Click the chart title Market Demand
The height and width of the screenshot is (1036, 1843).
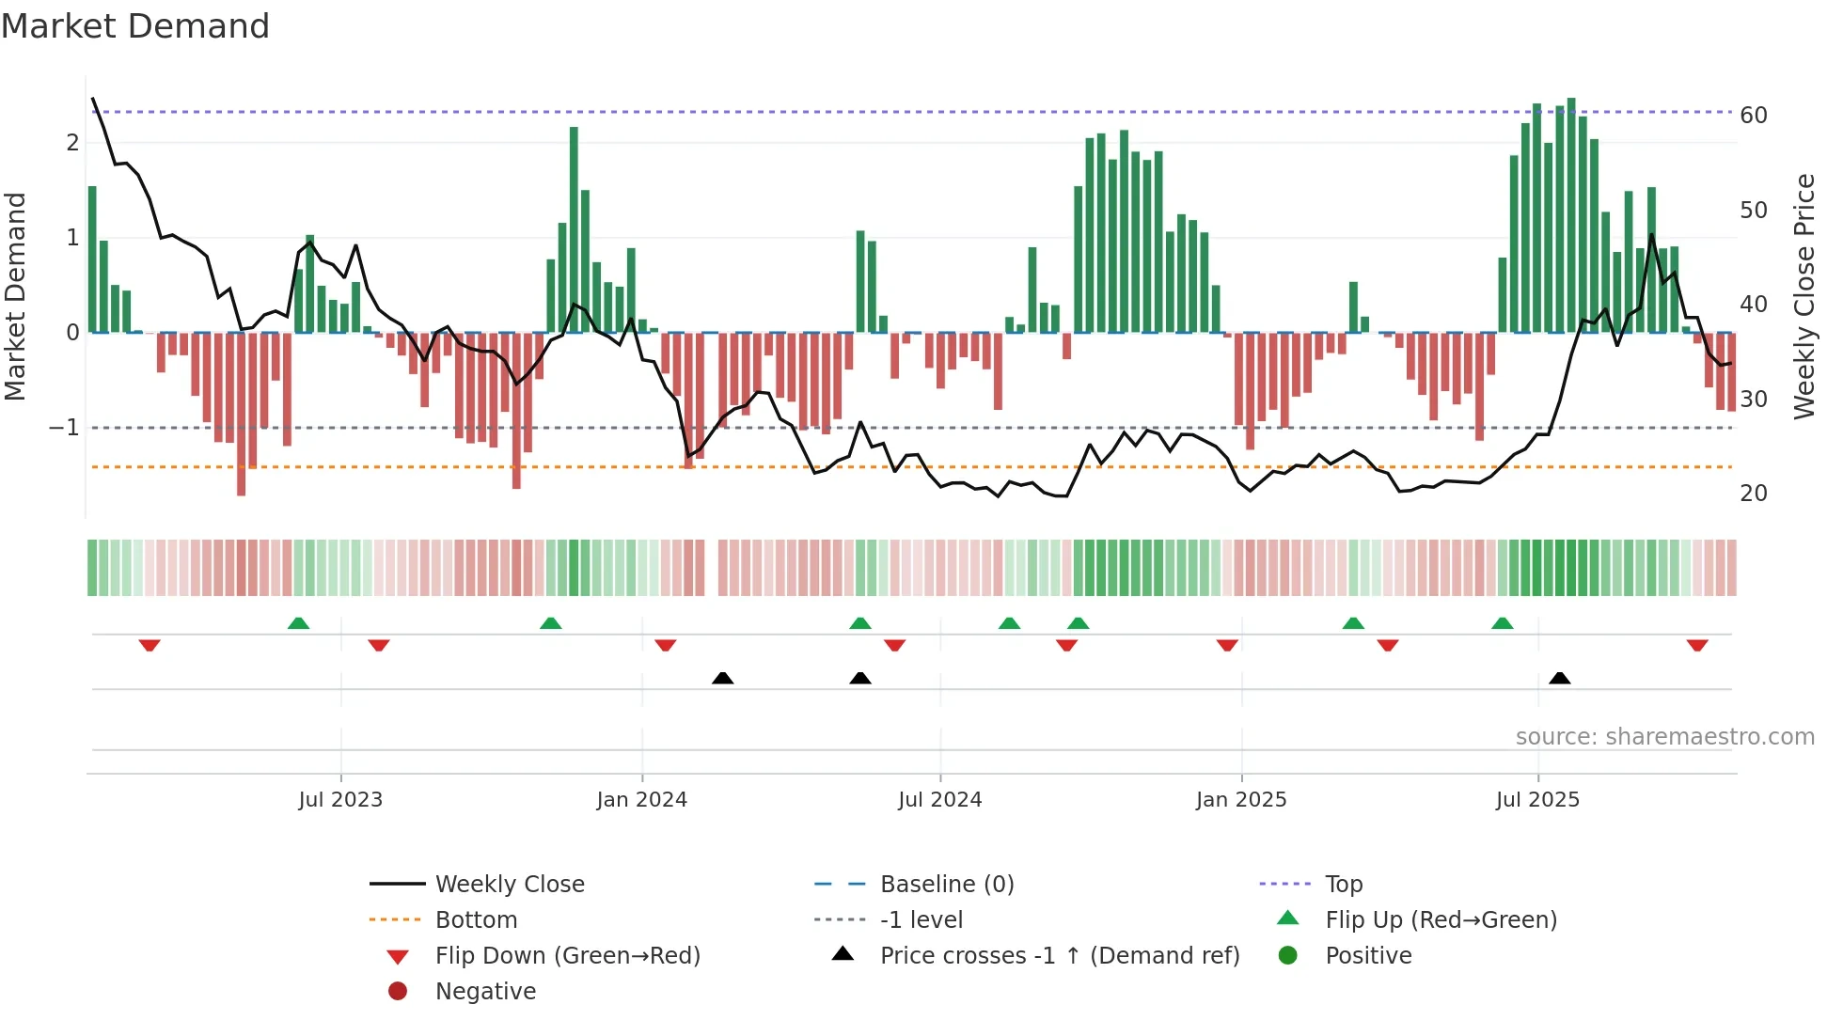[135, 26]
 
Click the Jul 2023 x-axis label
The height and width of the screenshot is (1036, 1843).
[340, 800]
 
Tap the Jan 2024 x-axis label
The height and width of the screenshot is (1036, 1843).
[641, 800]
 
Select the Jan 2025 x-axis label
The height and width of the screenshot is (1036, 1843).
[1240, 800]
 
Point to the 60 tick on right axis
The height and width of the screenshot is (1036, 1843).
[1753, 116]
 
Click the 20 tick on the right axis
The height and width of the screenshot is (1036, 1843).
[1753, 494]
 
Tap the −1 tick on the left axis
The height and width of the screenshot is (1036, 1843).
[64, 428]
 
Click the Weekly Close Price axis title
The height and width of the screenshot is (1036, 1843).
[1804, 296]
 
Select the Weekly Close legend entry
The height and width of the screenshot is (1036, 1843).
[509, 885]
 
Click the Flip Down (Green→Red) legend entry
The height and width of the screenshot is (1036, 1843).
[567, 956]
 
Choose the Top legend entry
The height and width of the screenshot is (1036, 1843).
[1343, 885]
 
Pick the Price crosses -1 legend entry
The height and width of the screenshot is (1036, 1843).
[1059, 956]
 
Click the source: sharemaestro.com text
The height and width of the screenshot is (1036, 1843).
[1664, 737]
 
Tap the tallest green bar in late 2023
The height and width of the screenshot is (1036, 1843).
[574, 229]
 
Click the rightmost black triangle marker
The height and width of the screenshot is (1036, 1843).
[1559, 678]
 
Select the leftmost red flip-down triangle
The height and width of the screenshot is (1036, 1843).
[150, 645]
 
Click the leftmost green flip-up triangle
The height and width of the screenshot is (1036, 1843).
[298, 623]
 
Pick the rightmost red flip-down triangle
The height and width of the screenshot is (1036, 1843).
[1696, 645]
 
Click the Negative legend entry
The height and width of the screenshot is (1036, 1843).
[484, 992]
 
